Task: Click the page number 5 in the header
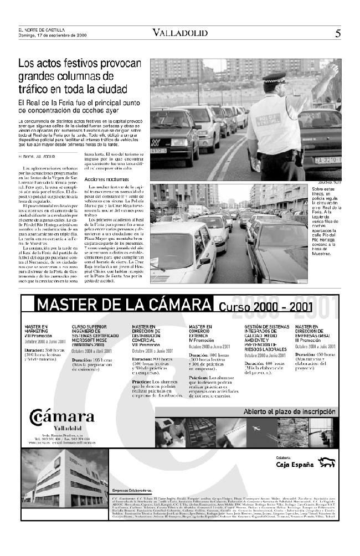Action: coord(337,33)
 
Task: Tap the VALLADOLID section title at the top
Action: coord(181,33)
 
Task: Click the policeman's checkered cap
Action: coord(275,78)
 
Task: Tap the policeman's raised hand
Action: coord(332,69)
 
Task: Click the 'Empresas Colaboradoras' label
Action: coord(132,491)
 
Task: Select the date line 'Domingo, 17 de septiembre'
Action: coord(53,35)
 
